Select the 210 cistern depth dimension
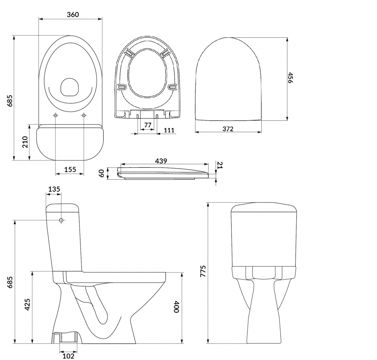tap(25, 142)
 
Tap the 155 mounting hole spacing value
tap(70, 170)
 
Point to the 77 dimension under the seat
tap(148, 125)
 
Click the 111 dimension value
tap(169, 130)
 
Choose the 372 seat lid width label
tap(228, 129)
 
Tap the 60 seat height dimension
tap(101, 174)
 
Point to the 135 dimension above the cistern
tap(54, 189)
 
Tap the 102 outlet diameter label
tap(68, 355)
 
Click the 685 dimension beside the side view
tap(11, 282)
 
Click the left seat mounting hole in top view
tap(56, 115)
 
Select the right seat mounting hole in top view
tap(84, 115)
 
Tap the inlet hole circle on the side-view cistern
tap(61, 220)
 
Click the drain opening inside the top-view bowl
tap(69, 87)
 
